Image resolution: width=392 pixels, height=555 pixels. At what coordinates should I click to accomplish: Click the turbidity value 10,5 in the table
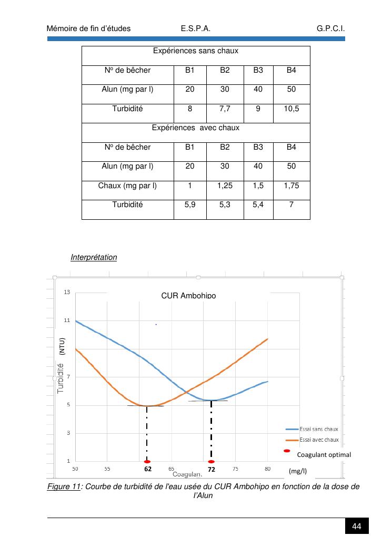[292, 109]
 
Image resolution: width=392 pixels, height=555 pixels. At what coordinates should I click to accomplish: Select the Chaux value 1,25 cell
[225, 186]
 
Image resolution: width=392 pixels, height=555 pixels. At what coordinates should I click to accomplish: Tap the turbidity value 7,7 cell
[225, 109]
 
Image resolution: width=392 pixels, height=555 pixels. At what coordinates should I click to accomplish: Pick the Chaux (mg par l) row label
[127, 186]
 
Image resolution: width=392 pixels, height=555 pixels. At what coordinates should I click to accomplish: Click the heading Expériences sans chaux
[196, 51]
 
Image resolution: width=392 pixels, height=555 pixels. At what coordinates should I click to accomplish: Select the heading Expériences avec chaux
[196, 128]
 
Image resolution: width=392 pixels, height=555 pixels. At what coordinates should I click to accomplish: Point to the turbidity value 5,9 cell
[190, 205]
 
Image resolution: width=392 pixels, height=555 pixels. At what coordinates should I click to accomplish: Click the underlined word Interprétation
[94, 258]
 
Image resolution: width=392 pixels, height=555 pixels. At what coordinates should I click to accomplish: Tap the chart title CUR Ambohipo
[188, 296]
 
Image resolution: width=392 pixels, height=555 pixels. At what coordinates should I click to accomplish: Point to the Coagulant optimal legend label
[324, 454]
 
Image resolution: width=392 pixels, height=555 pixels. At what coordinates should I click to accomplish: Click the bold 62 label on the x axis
[148, 469]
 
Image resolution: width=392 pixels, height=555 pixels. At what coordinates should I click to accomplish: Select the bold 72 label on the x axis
[211, 469]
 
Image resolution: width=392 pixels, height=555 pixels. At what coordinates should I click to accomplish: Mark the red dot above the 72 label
[211, 462]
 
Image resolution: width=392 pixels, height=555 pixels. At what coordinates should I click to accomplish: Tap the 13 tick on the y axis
[67, 292]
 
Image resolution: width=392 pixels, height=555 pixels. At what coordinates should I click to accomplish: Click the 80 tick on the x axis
[267, 468]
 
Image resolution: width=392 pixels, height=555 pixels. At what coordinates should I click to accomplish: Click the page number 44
[357, 527]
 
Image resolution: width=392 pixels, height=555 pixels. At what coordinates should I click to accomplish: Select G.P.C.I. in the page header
[331, 28]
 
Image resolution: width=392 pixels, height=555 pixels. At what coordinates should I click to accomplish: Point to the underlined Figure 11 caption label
[64, 486]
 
